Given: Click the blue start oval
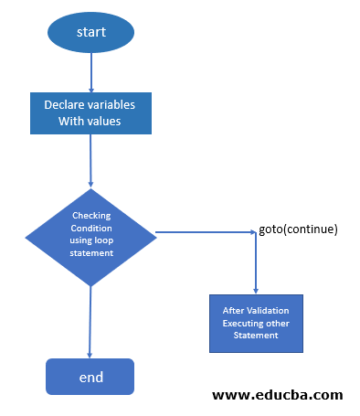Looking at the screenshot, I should pos(90,32).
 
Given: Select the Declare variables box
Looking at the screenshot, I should pos(90,113).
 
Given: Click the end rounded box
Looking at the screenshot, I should pos(90,376).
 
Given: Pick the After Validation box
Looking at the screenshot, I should pos(256,323).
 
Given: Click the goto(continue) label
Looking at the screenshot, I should pos(299,229).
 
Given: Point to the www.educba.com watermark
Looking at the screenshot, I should pos(277,395).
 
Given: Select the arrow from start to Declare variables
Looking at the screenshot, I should pos(90,72).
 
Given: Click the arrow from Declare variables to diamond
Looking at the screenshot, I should pos(90,161).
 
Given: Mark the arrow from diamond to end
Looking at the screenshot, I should pos(90,320).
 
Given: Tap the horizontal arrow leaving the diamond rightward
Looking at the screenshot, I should pos(206,232).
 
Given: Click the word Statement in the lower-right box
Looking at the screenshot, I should pos(256,335).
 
